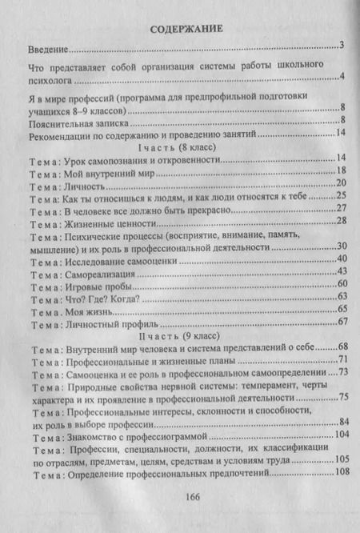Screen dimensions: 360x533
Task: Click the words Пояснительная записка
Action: [77, 122]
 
